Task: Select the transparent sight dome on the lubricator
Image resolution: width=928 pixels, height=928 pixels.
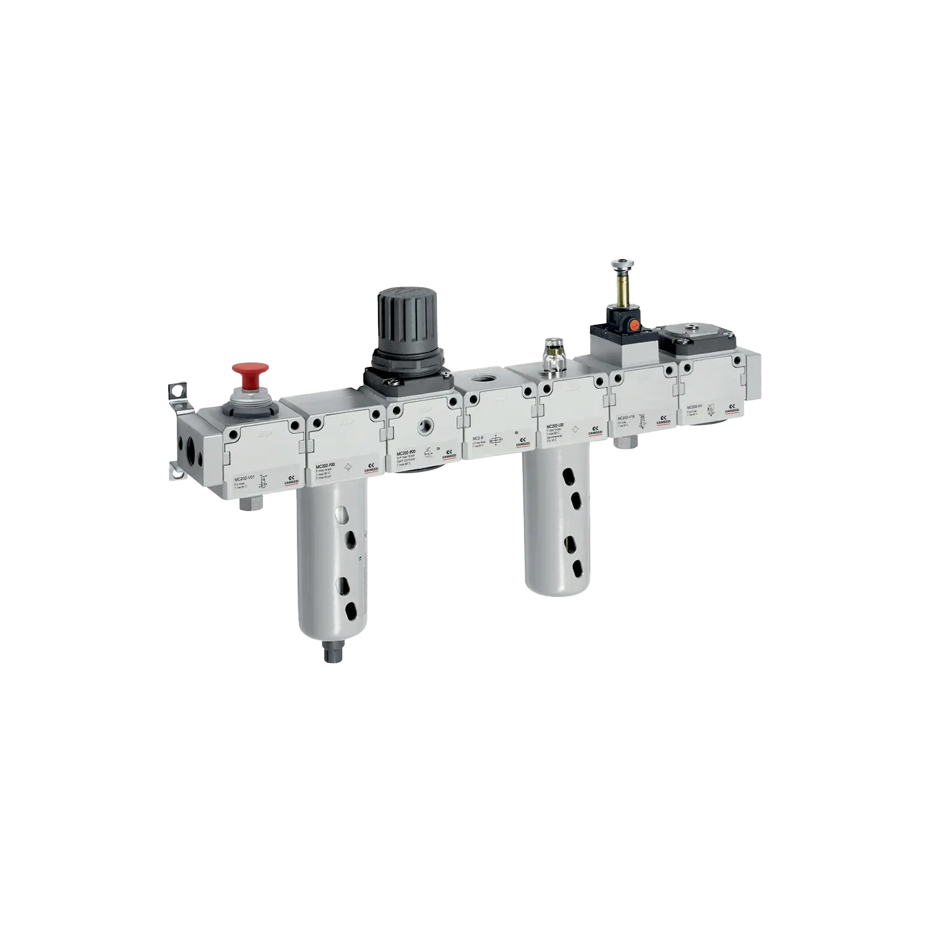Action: pyautogui.click(x=552, y=348)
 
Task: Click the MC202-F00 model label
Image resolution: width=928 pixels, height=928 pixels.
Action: pyautogui.click(x=325, y=465)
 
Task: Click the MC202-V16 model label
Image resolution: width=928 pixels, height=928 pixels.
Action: pyautogui.click(x=627, y=418)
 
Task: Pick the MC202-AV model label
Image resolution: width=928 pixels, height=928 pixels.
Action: pyautogui.click(x=694, y=407)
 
